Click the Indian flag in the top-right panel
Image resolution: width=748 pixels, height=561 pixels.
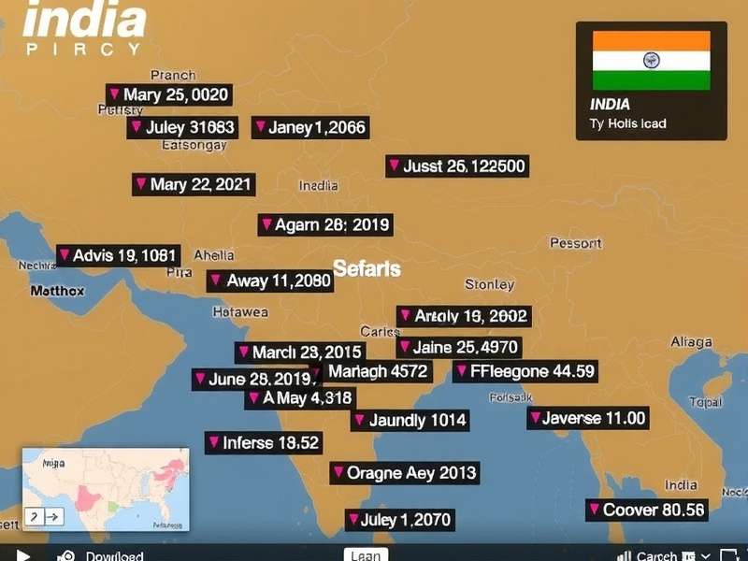point(651,60)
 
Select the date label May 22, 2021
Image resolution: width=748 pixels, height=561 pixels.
point(194,184)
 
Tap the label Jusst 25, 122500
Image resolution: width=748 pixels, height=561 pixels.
point(456,166)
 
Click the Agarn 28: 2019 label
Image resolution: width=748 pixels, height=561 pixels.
point(324,224)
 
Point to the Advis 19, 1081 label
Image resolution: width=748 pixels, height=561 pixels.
point(117,255)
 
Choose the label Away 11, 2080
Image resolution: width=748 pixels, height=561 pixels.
point(269,280)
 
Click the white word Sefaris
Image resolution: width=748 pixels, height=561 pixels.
point(367,269)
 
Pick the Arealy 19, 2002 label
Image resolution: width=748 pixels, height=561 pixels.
point(463,316)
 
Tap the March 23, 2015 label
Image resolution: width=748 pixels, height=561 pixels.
point(299,352)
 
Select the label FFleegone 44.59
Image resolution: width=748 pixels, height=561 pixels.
point(525,371)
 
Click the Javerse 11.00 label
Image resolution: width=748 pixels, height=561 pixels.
point(587,418)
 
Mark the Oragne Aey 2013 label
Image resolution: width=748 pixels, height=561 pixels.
point(404,473)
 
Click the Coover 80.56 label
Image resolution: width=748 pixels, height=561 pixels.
point(646,510)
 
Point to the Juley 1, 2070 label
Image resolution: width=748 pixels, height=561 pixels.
point(399,520)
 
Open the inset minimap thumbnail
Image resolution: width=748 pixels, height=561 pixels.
point(105,489)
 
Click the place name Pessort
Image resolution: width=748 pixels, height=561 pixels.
point(575,243)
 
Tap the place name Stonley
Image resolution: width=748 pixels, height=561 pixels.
point(489,284)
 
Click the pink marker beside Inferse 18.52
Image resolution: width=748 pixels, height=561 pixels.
point(214,442)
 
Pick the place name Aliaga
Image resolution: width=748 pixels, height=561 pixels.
point(691,343)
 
